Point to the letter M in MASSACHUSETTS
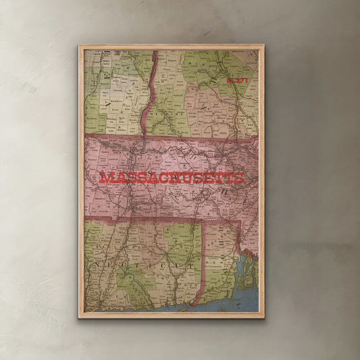tap(105, 178)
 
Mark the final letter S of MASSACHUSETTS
tap(241, 178)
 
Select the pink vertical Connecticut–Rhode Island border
tap(201, 263)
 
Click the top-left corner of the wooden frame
tap(79, 46)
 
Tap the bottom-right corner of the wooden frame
tap(262, 317)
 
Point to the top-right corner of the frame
tap(262, 46)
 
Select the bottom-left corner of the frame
tap(79, 317)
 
